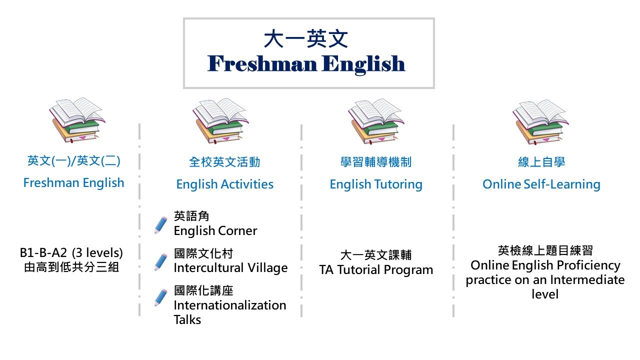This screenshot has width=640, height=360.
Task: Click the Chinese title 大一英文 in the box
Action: coord(305,39)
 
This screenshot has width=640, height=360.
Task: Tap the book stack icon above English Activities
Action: coord(220,121)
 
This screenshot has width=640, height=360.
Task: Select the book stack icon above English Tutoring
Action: coord(376,121)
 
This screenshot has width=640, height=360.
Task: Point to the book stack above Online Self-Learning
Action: coord(540,122)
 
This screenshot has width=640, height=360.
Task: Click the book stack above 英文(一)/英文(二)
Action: coord(77,120)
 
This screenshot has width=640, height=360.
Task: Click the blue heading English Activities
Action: coord(225,184)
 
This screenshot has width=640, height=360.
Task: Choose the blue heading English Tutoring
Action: coord(376,184)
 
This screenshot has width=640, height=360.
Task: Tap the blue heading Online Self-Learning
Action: coord(541,184)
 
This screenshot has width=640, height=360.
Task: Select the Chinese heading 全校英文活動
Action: coord(224,162)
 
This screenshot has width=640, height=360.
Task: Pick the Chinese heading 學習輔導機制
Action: coord(376,162)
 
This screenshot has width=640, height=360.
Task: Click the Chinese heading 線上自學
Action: coord(541,162)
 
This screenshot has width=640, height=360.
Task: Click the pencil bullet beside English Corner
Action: coord(161,225)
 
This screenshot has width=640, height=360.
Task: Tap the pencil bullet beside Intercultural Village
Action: coord(161,261)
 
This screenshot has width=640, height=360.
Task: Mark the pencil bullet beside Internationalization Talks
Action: coord(161,297)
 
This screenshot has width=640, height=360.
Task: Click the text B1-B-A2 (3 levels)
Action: coord(71,253)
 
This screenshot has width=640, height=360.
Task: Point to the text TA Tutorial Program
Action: coord(376,270)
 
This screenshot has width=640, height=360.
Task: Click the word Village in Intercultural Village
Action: coord(267,268)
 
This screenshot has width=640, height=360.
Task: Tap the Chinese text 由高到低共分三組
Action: coord(71,267)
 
